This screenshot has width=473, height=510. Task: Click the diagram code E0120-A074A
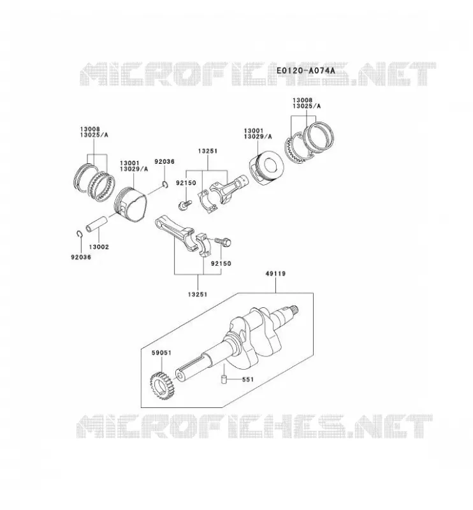pos(305,70)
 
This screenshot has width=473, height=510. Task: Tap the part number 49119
pos(275,273)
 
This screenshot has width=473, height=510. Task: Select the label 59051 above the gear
pos(161,353)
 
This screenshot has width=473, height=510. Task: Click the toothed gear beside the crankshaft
pos(163,386)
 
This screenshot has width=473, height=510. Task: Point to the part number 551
pos(248,379)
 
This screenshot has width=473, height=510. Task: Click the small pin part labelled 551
pos(224,379)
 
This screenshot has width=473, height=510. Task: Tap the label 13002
pos(99,247)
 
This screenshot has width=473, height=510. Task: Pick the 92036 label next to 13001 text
pos(164,162)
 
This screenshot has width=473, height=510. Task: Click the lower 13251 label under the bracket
pos(198,295)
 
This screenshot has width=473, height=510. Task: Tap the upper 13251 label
pos(208,151)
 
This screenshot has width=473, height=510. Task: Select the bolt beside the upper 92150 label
pos(184,205)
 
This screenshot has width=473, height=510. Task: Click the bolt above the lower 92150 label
pos(223,242)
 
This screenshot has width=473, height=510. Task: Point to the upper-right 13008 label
pos(302,101)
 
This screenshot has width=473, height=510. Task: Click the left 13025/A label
pos(94,135)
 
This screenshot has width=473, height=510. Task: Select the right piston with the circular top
pos(266,168)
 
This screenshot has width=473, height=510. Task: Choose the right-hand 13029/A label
pos(258,136)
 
